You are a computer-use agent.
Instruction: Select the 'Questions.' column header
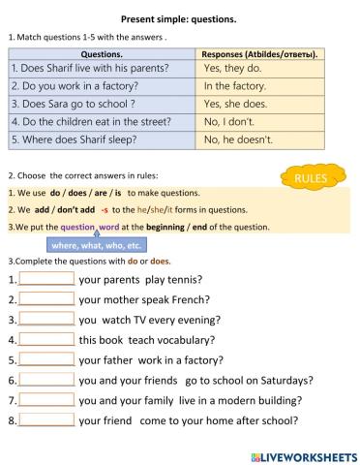point(102,54)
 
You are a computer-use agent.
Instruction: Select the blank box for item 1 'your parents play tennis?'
point(46,279)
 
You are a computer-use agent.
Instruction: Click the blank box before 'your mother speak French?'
point(46,299)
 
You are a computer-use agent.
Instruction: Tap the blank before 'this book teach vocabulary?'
point(46,340)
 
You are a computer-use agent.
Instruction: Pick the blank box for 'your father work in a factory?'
point(46,360)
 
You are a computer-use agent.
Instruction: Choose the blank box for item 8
point(46,420)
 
